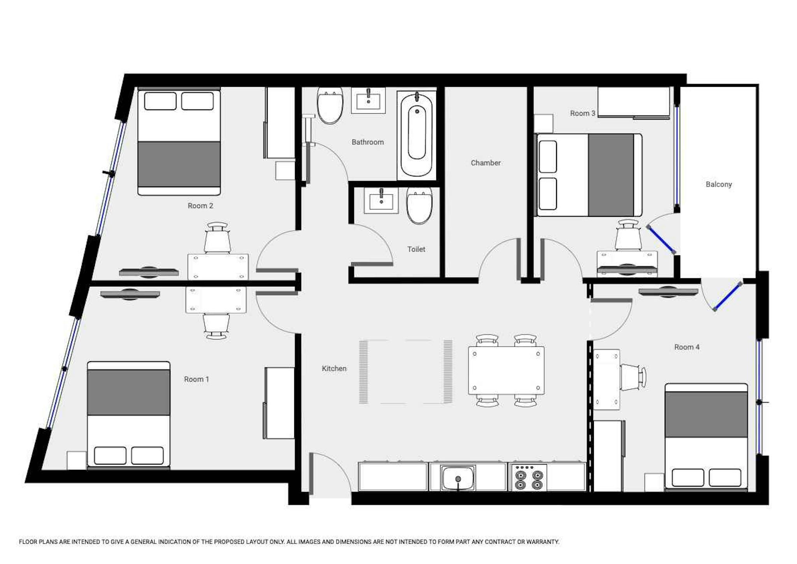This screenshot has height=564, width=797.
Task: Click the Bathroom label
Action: tap(368, 142)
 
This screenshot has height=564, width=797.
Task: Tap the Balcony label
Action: tap(719, 184)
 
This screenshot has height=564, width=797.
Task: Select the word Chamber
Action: tap(486, 163)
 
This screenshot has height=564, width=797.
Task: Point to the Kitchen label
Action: tap(334, 368)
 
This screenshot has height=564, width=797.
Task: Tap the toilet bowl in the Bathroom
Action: tap(330, 105)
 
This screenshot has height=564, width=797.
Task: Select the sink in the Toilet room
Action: tap(381, 200)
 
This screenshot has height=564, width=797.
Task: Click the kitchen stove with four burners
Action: tap(528, 477)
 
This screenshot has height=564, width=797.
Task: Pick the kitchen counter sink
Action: tap(458, 478)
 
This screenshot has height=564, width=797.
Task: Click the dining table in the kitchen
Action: tap(506, 370)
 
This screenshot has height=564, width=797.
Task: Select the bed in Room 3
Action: tap(589, 175)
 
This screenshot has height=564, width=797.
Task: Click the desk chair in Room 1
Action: tap(216, 326)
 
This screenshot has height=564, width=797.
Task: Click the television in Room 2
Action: tap(149, 272)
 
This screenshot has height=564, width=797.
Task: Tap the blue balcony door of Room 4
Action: tap(727, 297)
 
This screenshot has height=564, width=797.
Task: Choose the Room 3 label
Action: tap(583, 113)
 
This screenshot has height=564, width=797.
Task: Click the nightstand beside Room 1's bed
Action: tap(77, 460)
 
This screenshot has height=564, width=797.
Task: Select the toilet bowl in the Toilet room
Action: tap(419, 206)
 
